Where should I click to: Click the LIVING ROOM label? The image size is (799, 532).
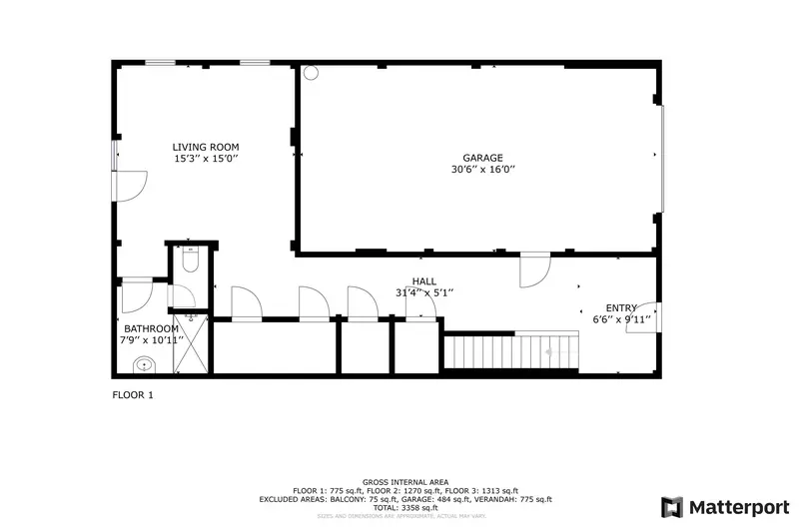coord(205,148)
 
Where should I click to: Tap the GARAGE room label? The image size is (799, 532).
coord(482,158)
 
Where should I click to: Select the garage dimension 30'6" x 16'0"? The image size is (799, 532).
coord(482,170)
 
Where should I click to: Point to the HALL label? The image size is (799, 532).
coord(424,282)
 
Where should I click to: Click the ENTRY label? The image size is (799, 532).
coord(621,308)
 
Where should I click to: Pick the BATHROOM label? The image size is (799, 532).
coord(151,329)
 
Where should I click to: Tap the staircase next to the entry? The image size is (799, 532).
coord(511,351)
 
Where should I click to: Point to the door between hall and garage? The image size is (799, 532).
coord(535,269)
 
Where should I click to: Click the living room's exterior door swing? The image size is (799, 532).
coord(132,186)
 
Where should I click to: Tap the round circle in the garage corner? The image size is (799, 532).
coord(311,72)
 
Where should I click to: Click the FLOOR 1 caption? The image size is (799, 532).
coord(132,395)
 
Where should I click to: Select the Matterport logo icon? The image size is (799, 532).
coord(672,506)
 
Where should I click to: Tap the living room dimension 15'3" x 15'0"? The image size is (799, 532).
coord(205,160)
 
